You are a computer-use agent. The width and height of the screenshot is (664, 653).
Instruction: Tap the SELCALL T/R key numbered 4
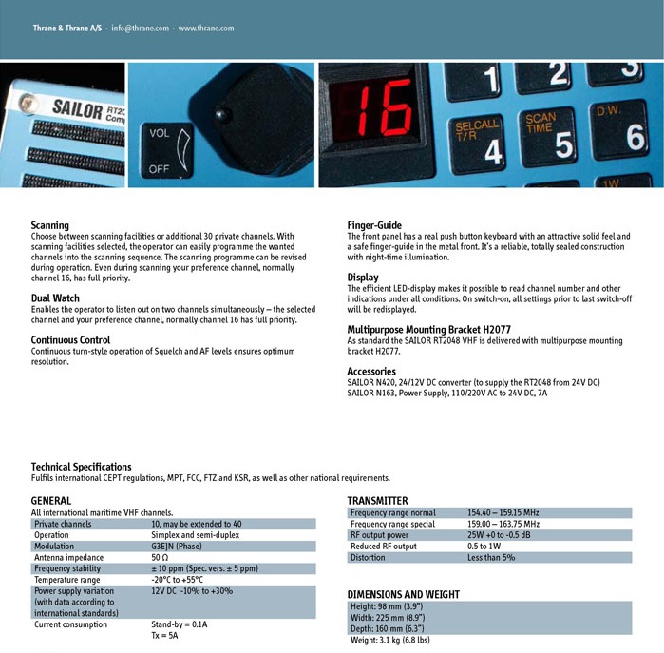[479, 139]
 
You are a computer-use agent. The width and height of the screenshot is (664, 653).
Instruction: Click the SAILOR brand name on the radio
[77, 107]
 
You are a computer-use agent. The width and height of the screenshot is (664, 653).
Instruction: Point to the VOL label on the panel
[159, 134]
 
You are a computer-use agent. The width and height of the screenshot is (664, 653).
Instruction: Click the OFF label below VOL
[159, 169]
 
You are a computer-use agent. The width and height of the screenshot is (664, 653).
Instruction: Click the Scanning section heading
[49, 225]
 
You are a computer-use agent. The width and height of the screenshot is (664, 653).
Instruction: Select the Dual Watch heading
[55, 298]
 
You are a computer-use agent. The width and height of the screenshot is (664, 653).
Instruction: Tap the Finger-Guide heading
[374, 225]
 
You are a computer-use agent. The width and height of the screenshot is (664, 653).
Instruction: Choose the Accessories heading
[371, 371]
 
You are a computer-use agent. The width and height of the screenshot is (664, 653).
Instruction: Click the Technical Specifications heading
[81, 467]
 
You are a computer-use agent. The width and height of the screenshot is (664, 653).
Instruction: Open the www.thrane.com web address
[206, 29]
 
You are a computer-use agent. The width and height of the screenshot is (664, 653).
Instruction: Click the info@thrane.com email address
[140, 29]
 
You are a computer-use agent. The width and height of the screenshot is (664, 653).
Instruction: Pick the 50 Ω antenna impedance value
[160, 557]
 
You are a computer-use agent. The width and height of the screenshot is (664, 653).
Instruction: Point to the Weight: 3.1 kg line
[389, 640]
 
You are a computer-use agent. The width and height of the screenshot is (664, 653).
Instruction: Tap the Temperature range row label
[66, 580]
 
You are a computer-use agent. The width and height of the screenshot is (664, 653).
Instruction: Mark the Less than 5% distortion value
[490, 557]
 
